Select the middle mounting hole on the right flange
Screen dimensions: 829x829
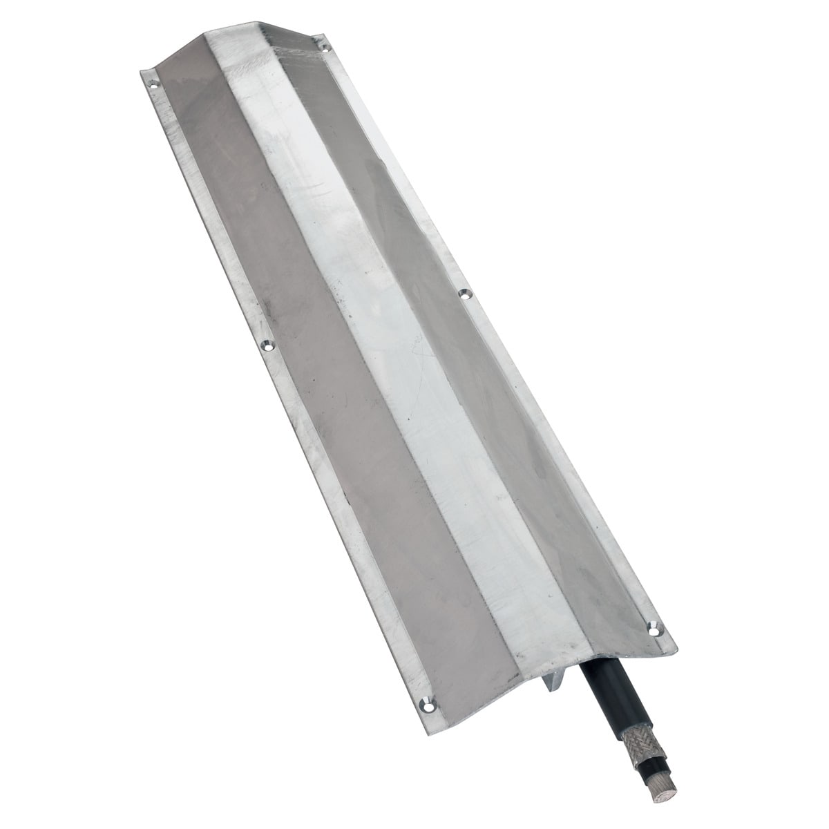click(x=464, y=294)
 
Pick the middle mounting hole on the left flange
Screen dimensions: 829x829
click(x=266, y=343)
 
